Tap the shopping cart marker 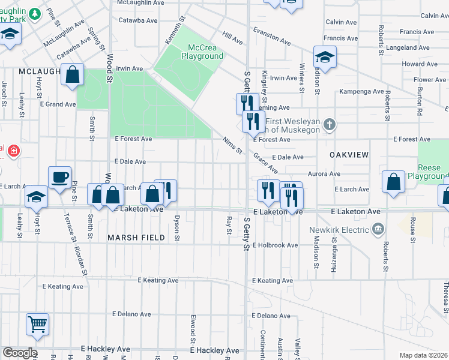37,324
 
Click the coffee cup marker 60,177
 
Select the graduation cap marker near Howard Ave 325,57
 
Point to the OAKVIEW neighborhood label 349,154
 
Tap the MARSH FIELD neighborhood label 136,238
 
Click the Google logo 19,353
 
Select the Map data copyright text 423,355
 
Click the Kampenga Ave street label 361,92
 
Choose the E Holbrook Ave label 275,245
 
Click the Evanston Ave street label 271,35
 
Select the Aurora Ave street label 324,174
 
